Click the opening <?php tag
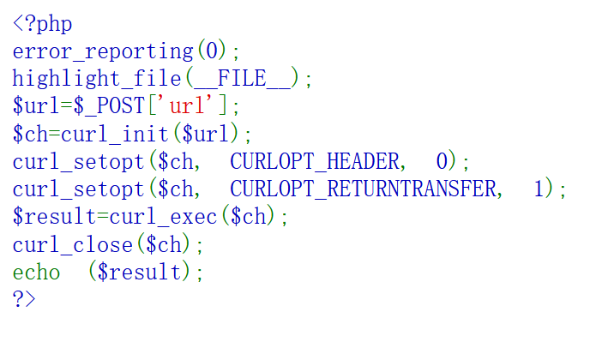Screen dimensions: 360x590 [x=42, y=23]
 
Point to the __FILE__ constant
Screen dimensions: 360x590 [x=243, y=79]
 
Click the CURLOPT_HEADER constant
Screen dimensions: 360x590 [x=315, y=161]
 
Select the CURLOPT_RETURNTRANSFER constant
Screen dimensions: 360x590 [x=364, y=189]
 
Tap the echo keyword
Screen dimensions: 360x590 [x=36, y=272]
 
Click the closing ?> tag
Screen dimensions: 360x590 [x=24, y=299]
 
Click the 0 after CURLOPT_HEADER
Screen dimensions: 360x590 [x=442, y=161]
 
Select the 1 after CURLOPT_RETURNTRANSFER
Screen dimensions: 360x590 [x=539, y=189]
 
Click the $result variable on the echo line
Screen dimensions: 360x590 [x=145, y=272]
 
